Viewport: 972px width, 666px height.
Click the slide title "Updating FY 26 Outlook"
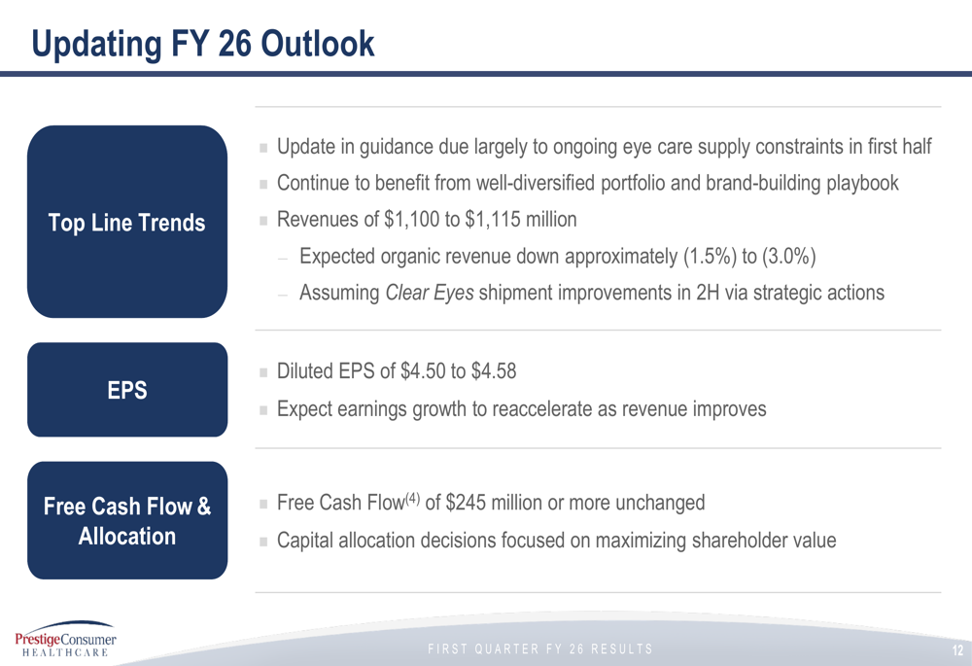[203, 44]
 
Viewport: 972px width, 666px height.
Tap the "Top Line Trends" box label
[127, 223]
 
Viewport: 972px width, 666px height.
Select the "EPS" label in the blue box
[127, 390]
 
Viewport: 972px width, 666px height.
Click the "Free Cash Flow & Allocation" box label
[127, 521]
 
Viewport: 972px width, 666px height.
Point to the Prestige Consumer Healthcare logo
[65, 639]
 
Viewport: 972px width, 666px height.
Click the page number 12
[957, 649]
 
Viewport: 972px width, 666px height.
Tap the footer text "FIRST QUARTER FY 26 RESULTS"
[540, 649]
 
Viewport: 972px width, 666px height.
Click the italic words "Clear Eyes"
[430, 293]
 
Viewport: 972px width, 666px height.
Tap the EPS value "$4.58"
[494, 371]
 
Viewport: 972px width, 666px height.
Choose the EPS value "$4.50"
[424, 371]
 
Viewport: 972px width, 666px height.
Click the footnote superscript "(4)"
[412, 498]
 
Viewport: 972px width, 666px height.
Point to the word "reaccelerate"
[542, 409]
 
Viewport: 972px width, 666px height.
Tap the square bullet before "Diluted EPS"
[263, 372]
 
